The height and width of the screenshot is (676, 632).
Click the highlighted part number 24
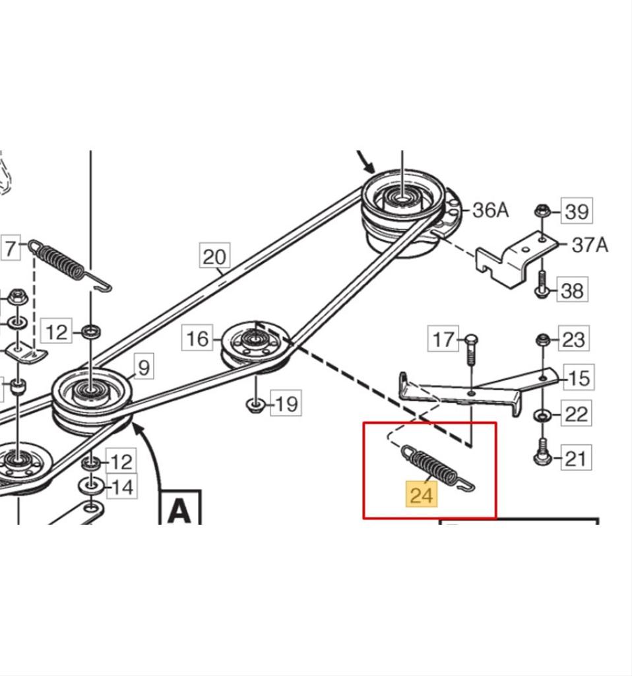pyautogui.click(x=422, y=494)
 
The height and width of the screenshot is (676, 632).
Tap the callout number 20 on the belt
pyautogui.click(x=214, y=256)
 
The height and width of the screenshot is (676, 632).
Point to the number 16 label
pyautogui.click(x=197, y=338)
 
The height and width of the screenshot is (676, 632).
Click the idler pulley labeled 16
pyautogui.click(x=255, y=344)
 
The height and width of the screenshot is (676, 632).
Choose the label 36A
pyautogui.click(x=490, y=210)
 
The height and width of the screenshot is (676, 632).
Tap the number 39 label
pyautogui.click(x=577, y=211)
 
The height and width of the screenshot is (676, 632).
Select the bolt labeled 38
pyautogui.click(x=542, y=284)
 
